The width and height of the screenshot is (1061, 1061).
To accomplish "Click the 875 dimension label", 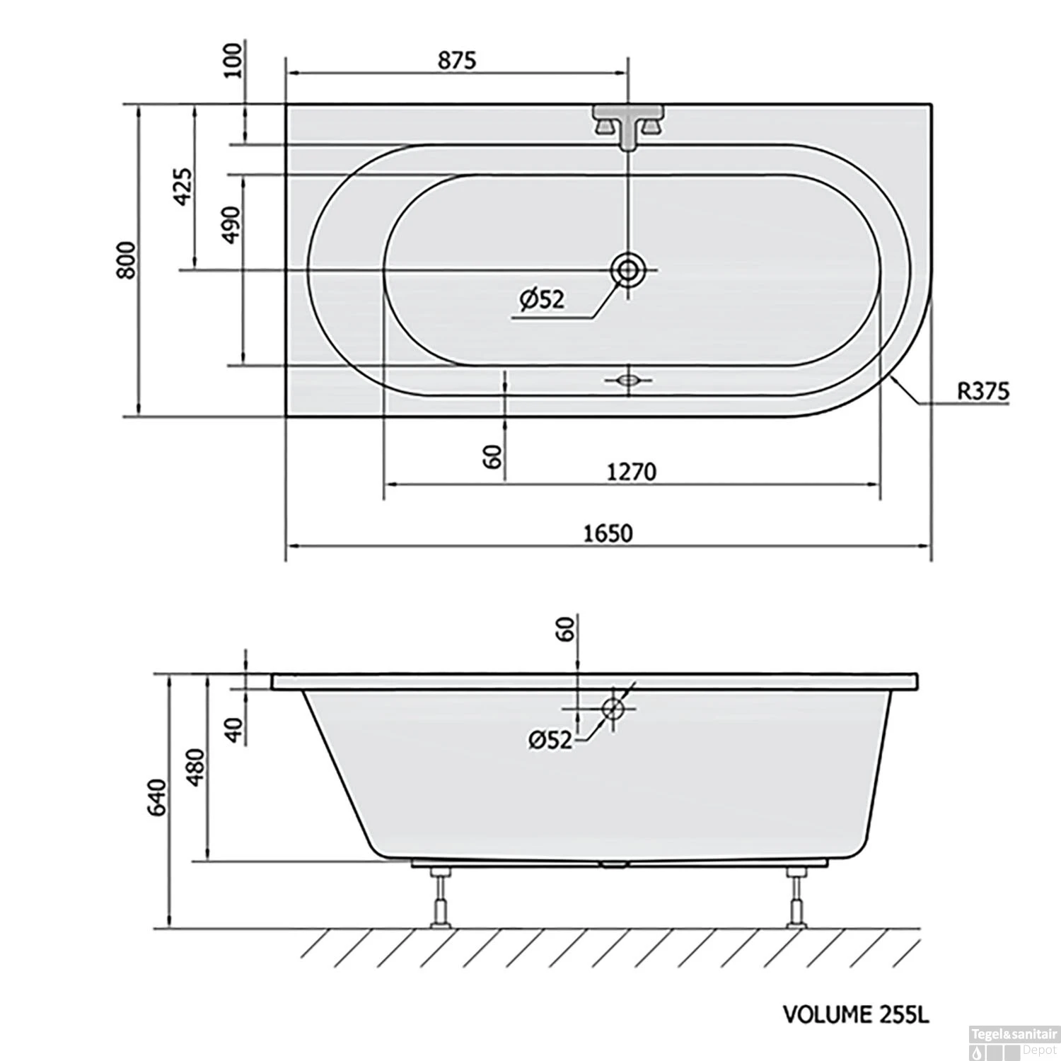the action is [457, 60].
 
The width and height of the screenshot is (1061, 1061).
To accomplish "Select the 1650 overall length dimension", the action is [608, 533].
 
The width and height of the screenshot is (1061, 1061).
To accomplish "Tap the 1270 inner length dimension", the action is [632, 471].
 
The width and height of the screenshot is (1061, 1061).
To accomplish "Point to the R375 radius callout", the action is [983, 390].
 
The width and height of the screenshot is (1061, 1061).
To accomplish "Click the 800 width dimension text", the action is [127, 260].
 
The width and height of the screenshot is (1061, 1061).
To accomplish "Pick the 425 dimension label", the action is [182, 186].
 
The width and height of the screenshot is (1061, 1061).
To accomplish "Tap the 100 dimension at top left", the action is [233, 60].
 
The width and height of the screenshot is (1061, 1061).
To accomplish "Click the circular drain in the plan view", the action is [627, 269].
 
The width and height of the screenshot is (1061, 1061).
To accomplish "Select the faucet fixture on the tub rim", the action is [627, 125].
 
